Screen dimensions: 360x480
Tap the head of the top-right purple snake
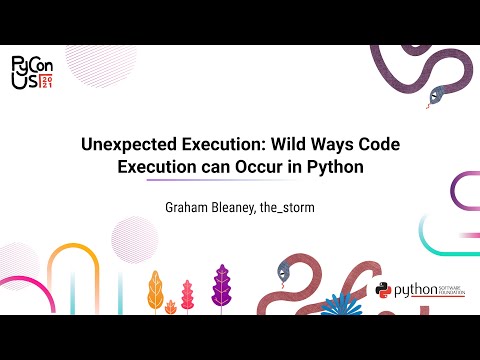click(x=436, y=97)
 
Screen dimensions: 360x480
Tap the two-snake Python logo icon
click(x=382, y=290)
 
